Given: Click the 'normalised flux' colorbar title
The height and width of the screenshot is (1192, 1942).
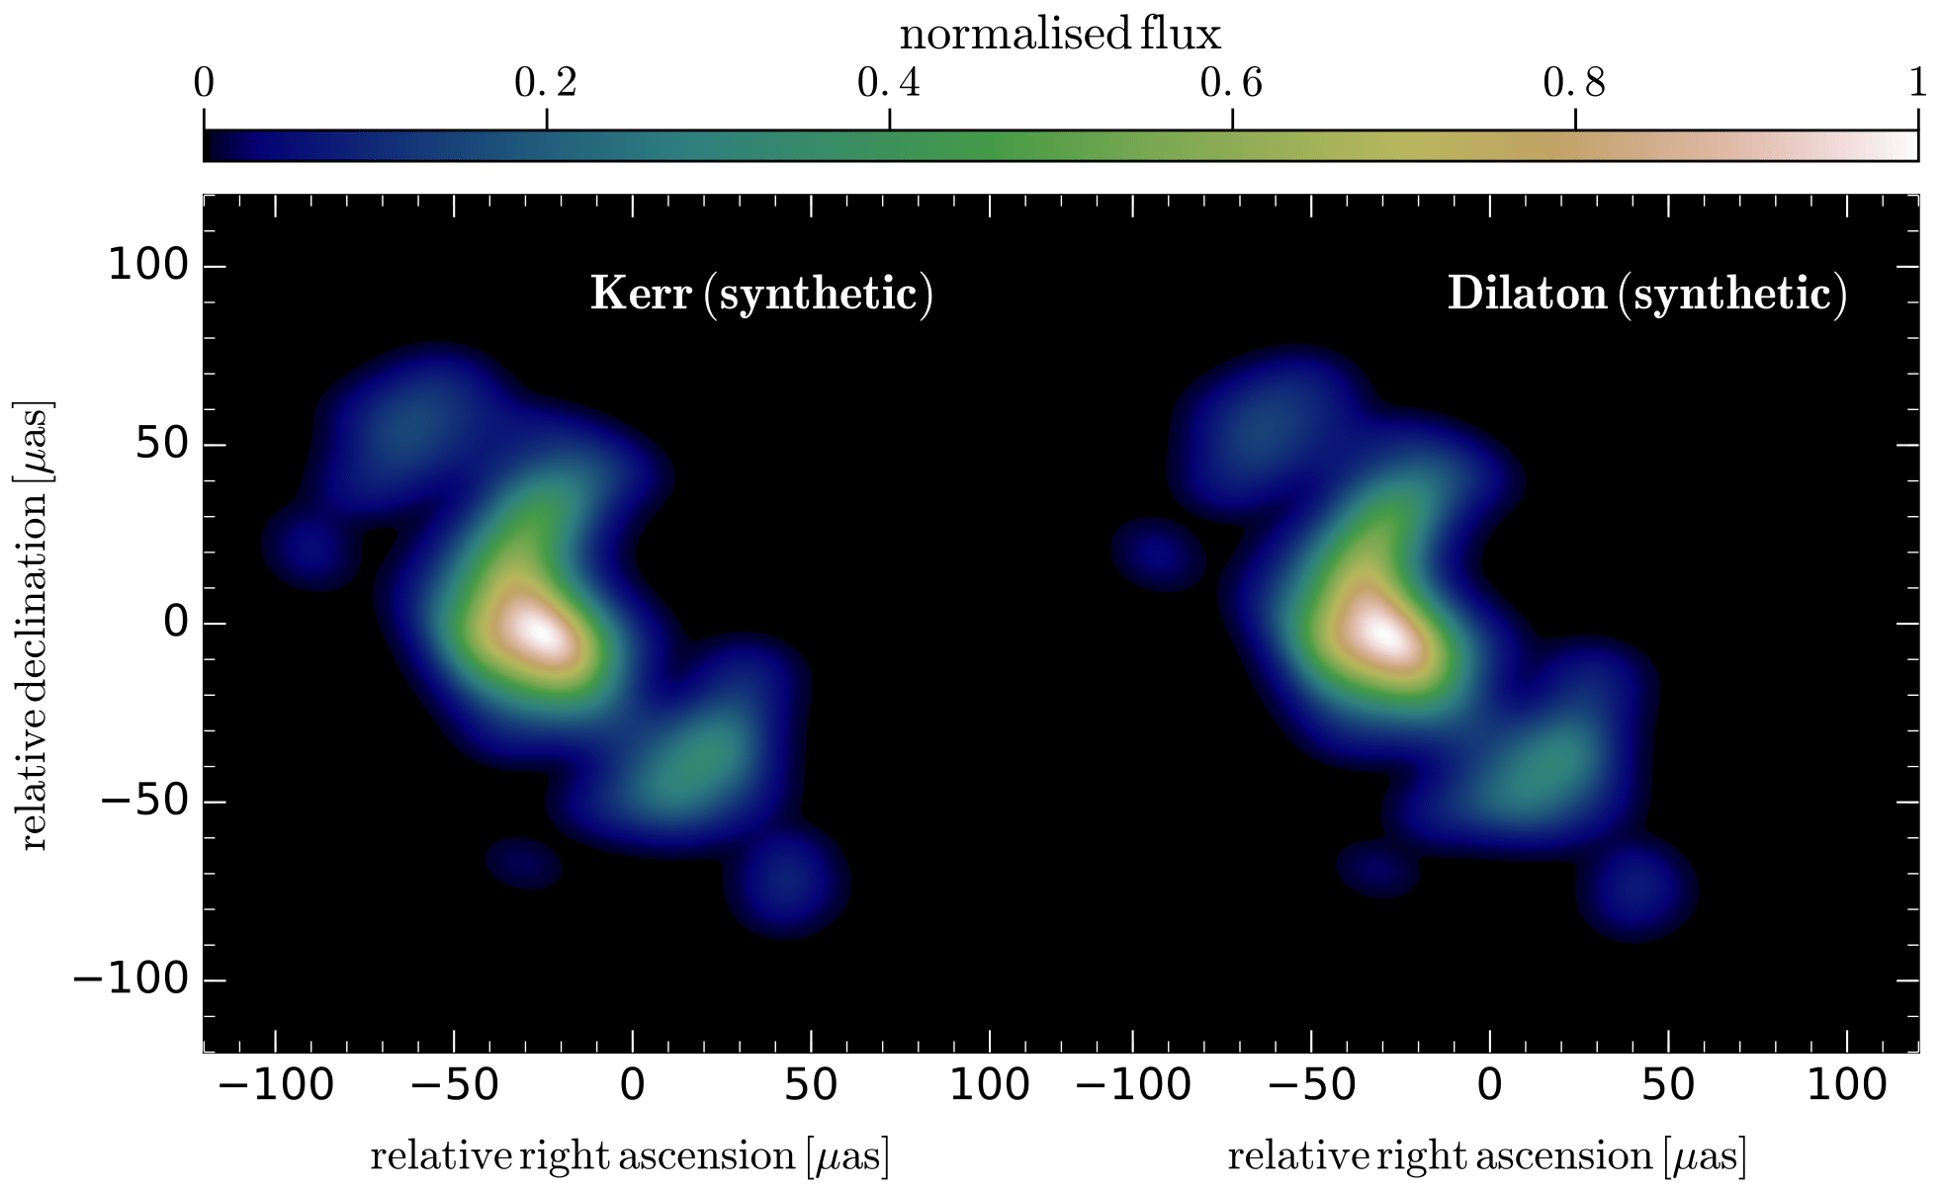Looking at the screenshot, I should [1060, 36].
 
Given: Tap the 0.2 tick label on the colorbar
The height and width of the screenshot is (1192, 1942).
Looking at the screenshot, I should [546, 85].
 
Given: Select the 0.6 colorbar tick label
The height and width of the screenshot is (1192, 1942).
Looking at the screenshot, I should [1231, 85].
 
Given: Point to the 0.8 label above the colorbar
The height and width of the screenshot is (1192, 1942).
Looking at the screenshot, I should [1574, 85].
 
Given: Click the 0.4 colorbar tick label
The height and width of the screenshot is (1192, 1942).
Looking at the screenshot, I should [889, 85].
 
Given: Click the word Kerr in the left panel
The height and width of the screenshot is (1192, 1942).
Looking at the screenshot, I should [640, 296].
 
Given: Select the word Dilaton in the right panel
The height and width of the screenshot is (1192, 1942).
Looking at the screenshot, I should [1527, 296].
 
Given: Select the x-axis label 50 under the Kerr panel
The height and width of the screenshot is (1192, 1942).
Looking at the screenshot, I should [811, 1086].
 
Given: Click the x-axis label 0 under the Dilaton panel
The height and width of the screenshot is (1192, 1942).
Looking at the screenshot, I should [1489, 1086].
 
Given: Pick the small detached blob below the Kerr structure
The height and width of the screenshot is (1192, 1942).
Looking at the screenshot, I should [524, 863].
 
